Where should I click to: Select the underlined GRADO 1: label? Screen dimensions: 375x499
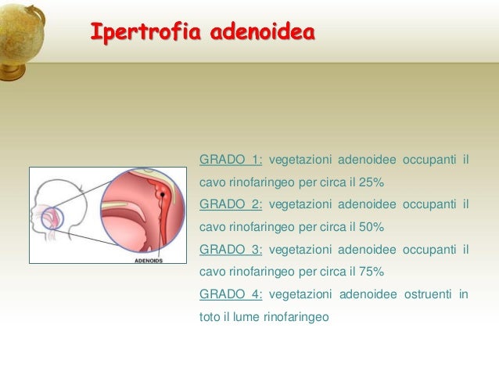tap(231, 161)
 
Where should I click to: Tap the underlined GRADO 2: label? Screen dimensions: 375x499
tap(231, 205)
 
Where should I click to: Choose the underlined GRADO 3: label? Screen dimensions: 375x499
tap(231, 250)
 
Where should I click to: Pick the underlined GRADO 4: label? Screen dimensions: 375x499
tap(231, 294)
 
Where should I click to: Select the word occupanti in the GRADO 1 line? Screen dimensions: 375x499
tap(428, 161)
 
